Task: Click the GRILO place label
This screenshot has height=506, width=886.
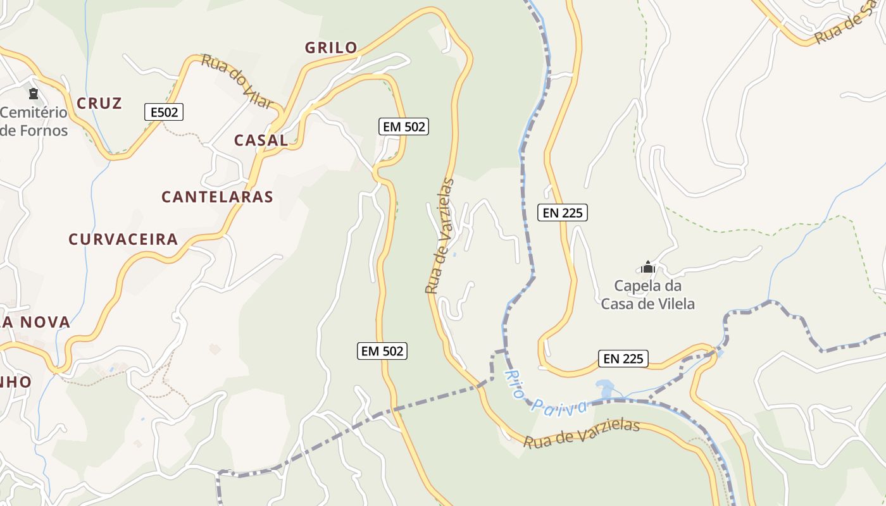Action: tap(331, 47)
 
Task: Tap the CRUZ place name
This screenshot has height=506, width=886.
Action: tap(99, 103)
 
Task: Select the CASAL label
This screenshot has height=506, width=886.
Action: tap(261, 140)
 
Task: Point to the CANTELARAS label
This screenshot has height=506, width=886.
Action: tap(217, 197)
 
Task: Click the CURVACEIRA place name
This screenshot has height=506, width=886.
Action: tap(123, 240)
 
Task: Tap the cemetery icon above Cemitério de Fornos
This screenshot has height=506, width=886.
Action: tap(34, 94)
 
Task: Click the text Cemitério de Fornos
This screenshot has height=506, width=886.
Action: tap(34, 121)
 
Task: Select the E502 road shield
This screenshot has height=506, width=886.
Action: tap(163, 113)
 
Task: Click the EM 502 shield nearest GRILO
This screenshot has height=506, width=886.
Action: tap(404, 126)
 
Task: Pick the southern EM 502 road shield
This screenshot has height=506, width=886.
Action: tap(382, 350)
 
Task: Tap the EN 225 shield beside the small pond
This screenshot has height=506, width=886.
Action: tap(623, 359)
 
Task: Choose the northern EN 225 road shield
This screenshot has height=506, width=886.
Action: tap(563, 213)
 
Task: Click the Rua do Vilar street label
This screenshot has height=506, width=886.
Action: tap(237, 81)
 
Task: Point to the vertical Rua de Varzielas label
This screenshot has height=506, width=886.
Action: tap(440, 237)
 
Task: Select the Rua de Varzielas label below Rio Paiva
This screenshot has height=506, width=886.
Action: tap(582, 433)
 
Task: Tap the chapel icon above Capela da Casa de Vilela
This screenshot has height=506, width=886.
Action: tap(647, 267)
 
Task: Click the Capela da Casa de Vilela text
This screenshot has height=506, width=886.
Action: tap(647, 295)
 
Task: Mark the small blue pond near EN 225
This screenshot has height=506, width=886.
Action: tap(604, 388)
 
